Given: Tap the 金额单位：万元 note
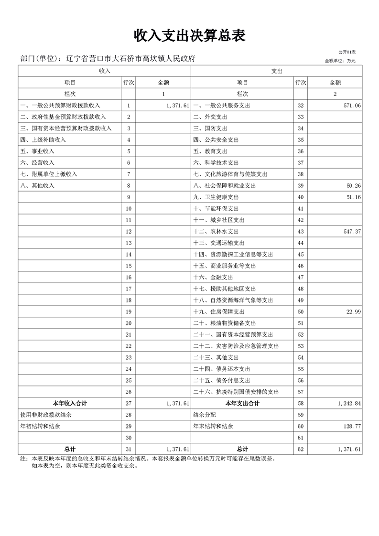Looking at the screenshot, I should tap(340, 61).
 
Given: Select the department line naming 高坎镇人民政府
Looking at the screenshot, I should tap(108, 59).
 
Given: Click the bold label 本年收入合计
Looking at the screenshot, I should tap(70, 403).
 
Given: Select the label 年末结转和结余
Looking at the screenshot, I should tap(213, 426).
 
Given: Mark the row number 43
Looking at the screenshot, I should tap(301, 231).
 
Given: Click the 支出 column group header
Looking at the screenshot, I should tap(277, 71).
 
